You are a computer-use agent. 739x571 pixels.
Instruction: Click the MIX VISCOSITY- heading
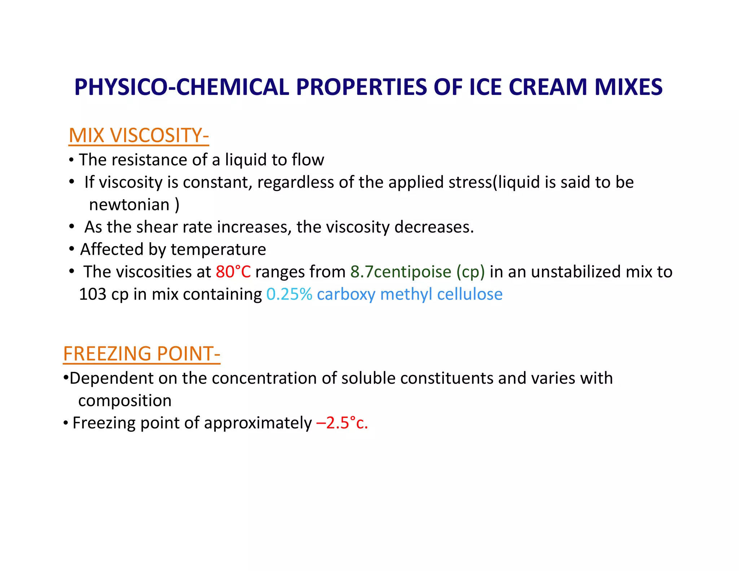(139, 136)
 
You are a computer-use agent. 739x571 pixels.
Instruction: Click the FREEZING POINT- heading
(141, 354)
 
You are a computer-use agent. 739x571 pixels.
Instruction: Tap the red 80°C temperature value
(233, 272)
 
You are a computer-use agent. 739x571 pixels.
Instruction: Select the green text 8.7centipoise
(401, 272)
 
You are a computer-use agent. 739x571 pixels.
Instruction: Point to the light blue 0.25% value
(289, 294)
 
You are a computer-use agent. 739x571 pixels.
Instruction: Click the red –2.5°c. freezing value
(342, 423)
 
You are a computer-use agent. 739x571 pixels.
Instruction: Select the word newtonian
(129, 205)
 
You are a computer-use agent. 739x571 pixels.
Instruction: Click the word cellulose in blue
(469, 294)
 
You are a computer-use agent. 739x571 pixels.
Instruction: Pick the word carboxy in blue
(346, 294)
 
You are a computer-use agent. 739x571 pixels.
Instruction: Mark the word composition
(125, 401)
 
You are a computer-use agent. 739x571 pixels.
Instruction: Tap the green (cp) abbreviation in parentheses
(471, 272)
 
